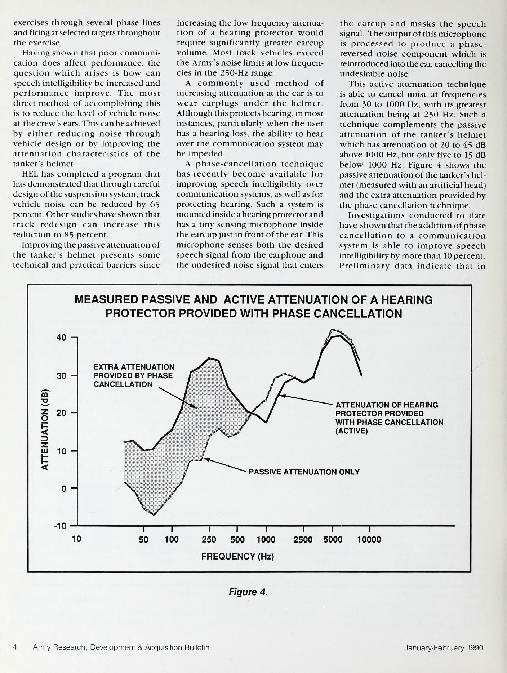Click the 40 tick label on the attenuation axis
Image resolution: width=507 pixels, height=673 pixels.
click(61, 338)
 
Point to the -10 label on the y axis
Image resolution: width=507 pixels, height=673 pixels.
click(60, 526)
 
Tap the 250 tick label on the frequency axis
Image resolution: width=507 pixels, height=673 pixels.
click(209, 539)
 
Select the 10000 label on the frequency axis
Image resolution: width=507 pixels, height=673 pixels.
click(369, 539)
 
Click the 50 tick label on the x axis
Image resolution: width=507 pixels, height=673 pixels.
click(143, 539)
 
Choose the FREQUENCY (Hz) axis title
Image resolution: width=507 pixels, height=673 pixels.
click(237, 557)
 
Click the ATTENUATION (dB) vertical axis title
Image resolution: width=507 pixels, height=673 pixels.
click(45, 429)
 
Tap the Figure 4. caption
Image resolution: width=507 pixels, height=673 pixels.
click(248, 592)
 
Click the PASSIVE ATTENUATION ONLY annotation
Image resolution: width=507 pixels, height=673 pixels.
click(304, 472)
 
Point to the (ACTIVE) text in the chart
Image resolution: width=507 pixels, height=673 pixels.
click(351, 431)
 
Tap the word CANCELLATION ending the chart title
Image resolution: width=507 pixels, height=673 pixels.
click(358, 313)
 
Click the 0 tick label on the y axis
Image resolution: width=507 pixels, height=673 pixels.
click(64, 488)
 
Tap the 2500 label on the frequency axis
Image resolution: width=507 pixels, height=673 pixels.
click(303, 539)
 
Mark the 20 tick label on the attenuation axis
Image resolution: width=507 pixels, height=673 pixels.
click(61, 413)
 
